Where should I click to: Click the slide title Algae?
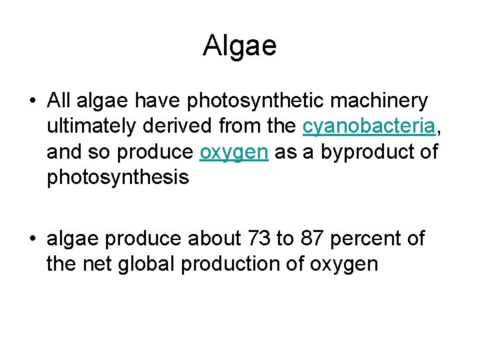(x=239, y=46)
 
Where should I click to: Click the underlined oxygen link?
(x=234, y=152)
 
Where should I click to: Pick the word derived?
(x=175, y=127)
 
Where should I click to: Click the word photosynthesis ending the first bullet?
(x=118, y=177)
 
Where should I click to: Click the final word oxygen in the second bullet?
(x=344, y=264)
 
